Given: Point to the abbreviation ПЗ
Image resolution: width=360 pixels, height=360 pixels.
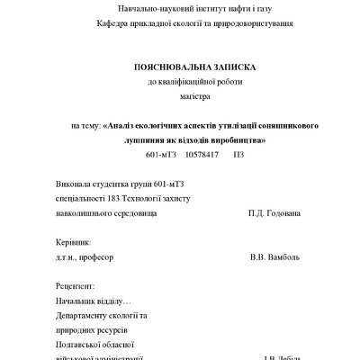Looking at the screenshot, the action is (238, 155).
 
